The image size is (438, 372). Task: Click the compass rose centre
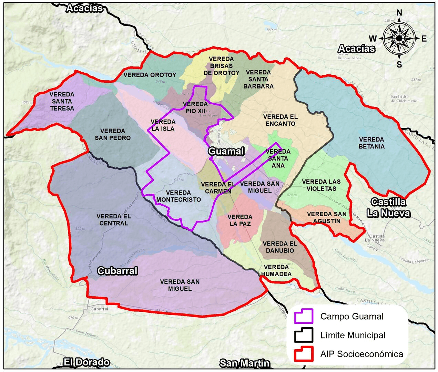click(x=399, y=38)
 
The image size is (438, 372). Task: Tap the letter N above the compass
click(x=399, y=13)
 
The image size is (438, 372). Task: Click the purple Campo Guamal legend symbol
click(x=304, y=316)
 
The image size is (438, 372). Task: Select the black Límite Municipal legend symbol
click(x=304, y=335)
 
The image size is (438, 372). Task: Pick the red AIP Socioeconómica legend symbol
click(x=304, y=354)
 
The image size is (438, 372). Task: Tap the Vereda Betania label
click(x=371, y=143)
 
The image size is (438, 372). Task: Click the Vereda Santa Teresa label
click(x=62, y=101)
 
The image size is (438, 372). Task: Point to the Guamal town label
click(x=226, y=151)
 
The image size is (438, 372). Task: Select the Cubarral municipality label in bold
click(x=118, y=271)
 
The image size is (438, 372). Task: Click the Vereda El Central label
click(x=114, y=220)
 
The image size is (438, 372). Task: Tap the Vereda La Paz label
click(x=240, y=220)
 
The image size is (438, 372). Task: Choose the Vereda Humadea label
click(x=276, y=271)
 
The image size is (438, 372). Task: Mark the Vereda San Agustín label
click(x=327, y=218)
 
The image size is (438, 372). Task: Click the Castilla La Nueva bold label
click(x=388, y=208)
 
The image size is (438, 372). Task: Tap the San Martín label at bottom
click(x=245, y=363)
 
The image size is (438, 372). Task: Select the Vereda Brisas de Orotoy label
click(x=221, y=66)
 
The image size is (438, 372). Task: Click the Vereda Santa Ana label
click(x=278, y=158)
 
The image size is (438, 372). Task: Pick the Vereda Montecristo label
click(x=179, y=196)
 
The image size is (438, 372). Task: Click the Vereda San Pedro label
click(x=113, y=134)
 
